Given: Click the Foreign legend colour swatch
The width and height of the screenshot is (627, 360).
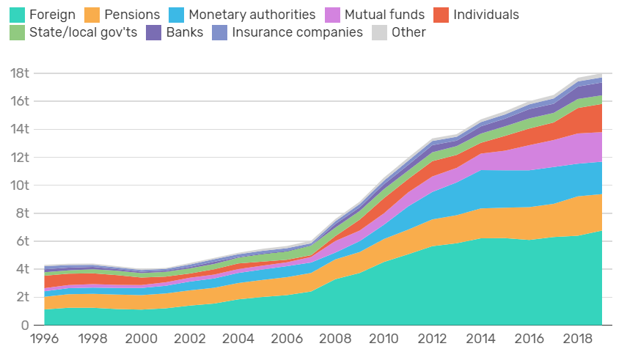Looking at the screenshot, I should pos(16,15).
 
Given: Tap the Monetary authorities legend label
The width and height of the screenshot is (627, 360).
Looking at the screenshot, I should pos(252,15).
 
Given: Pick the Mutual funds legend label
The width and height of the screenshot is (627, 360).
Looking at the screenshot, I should pos(385,15).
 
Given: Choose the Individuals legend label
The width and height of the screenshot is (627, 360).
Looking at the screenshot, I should pos(486,15).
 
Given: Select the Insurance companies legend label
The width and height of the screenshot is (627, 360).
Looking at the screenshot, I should pos(297,32).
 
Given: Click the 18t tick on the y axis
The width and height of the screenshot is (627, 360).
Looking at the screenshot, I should pos(20,73).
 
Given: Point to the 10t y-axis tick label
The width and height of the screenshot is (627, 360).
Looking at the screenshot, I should pos(20,185).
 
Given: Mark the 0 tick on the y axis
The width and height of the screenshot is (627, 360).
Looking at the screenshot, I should pos(24,325).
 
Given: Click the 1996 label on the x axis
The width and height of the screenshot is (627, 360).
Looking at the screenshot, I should pos(45,342).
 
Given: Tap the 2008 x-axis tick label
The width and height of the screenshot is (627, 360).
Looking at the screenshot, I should pos(335,342).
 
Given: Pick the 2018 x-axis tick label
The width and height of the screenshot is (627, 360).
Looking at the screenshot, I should pos(577,342).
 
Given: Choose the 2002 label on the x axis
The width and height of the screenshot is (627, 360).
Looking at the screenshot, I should pos(190,342).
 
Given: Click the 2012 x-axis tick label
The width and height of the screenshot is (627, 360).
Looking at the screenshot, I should pos(432,342).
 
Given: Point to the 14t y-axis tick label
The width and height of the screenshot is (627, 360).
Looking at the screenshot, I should pos(20,129).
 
